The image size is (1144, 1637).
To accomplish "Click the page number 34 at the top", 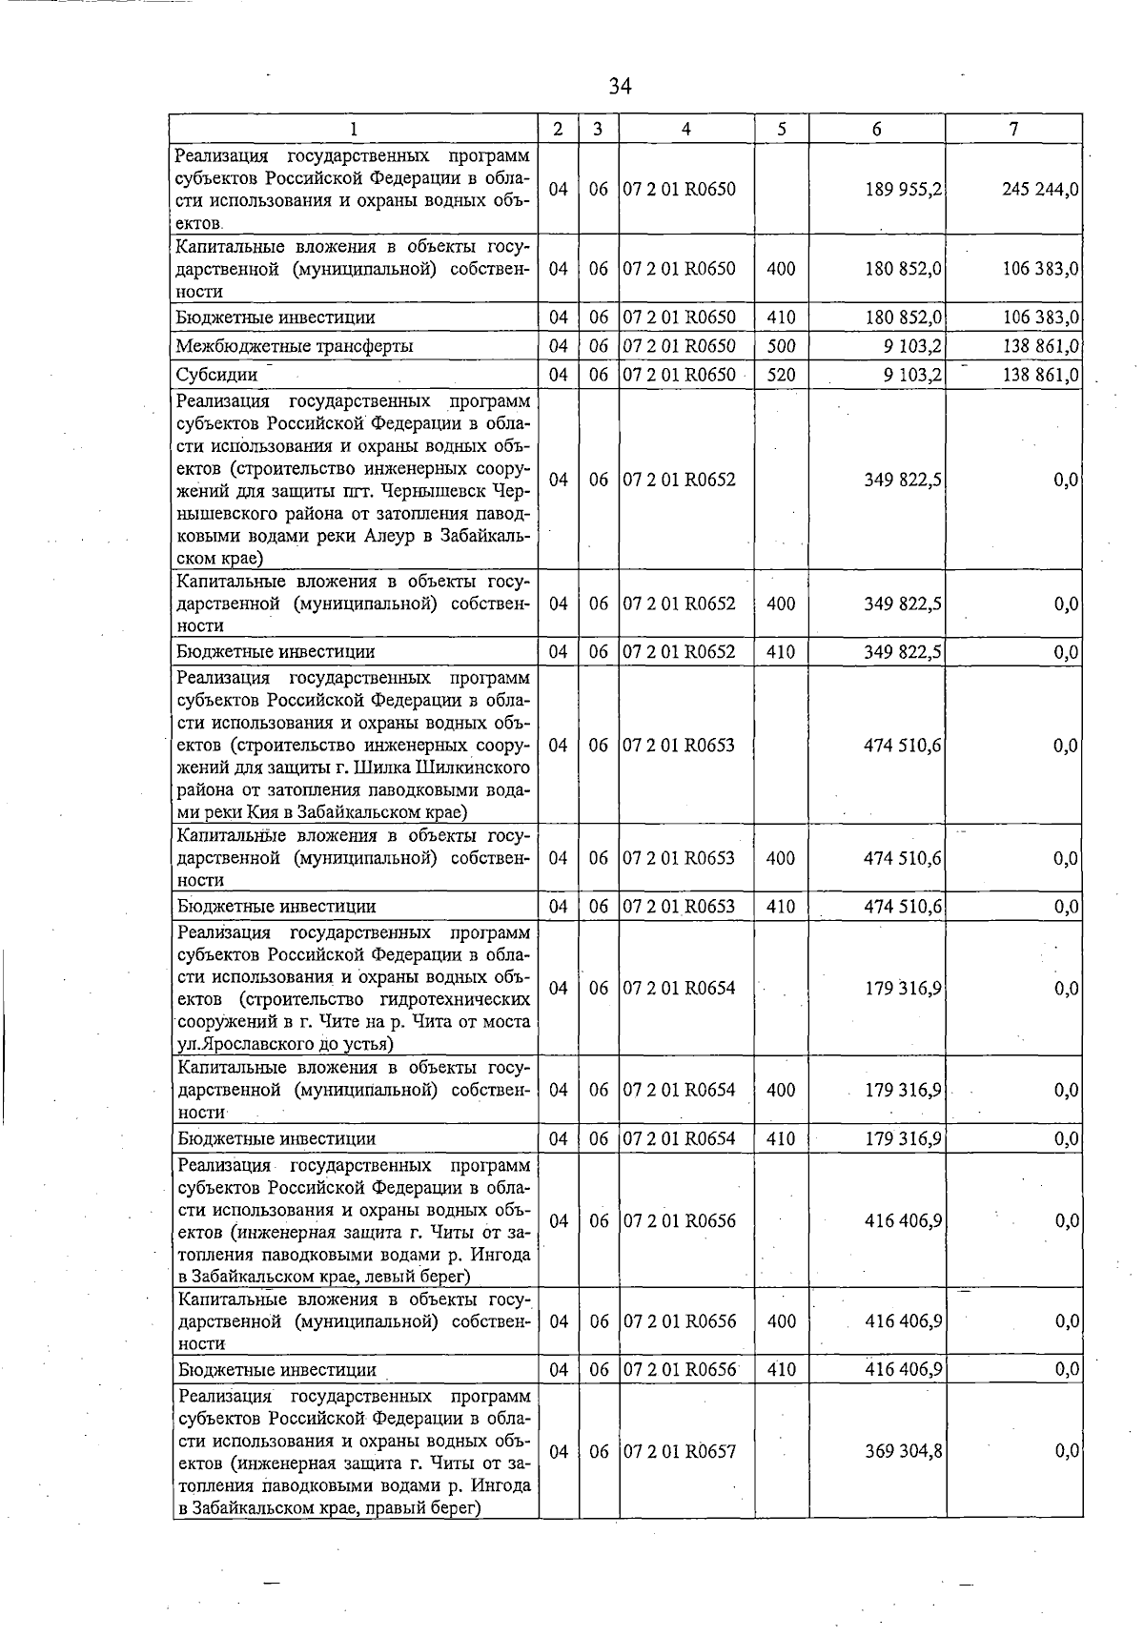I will (620, 87).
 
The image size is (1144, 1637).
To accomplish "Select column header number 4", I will (685, 129).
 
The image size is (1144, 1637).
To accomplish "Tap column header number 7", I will (1013, 129).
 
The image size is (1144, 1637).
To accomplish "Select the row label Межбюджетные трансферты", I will (294, 346).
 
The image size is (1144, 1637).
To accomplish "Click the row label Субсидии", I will (216, 375).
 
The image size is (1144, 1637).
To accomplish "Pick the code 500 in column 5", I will (781, 346).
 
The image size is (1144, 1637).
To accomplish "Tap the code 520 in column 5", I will (781, 375).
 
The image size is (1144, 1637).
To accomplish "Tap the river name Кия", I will (276, 813).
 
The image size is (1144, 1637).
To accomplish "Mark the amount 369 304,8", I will (904, 1451).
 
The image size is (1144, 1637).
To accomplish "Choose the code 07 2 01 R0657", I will (680, 1451).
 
